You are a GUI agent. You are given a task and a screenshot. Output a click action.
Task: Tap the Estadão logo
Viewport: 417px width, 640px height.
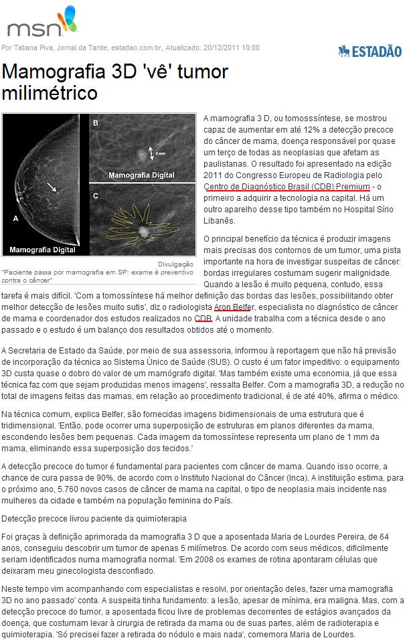click(x=369, y=51)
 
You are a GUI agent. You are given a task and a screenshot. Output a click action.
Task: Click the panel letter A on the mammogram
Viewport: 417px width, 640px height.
click(x=15, y=218)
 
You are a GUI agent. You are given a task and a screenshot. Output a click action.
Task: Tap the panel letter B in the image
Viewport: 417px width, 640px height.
click(x=95, y=123)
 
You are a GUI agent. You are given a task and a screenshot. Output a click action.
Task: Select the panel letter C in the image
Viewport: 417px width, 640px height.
click(x=95, y=195)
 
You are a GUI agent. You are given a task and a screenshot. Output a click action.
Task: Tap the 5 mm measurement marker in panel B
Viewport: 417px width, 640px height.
click(x=153, y=153)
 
